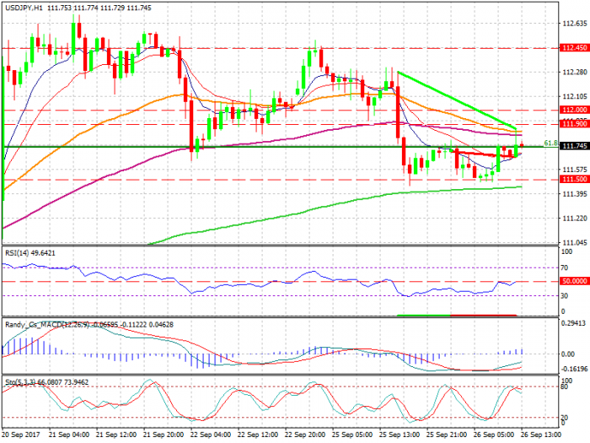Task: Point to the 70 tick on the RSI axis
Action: tap(565, 267)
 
